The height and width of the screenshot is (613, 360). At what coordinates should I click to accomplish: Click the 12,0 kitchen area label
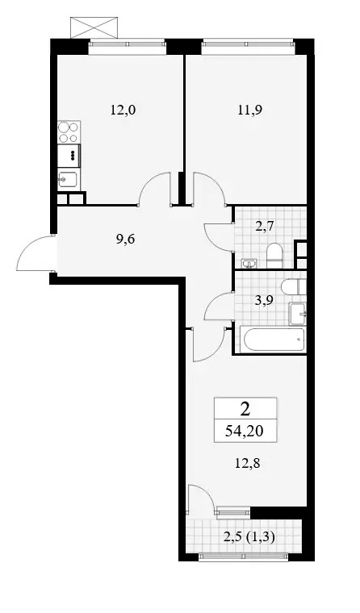[x=123, y=111]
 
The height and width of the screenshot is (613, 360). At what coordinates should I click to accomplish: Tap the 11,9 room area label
[x=250, y=111]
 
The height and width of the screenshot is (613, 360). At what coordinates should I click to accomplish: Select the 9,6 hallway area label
[x=126, y=239]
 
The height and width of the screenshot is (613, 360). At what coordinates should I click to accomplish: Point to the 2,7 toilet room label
[x=259, y=227]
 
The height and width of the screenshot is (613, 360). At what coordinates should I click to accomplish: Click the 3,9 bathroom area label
[x=259, y=300]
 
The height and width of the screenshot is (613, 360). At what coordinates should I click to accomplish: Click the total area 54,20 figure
[x=245, y=432]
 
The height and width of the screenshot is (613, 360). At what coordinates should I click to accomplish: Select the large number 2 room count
[x=245, y=409]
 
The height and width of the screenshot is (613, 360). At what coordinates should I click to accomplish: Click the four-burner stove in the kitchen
[x=69, y=132]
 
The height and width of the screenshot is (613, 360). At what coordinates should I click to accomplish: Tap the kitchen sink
[x=69, y=179]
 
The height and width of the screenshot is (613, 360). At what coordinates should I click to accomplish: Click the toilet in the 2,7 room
[x=274, y=256]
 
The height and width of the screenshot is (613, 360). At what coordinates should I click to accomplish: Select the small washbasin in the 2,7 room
[x=249, y=264]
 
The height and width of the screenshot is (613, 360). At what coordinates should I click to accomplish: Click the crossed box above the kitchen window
[x=94, y=27]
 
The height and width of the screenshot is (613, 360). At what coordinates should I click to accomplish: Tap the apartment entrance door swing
[x=36, y=253]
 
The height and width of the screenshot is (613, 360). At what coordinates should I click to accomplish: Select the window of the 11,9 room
[x=247, y=47]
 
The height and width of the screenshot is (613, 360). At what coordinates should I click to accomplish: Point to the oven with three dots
[x=69, y=156]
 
